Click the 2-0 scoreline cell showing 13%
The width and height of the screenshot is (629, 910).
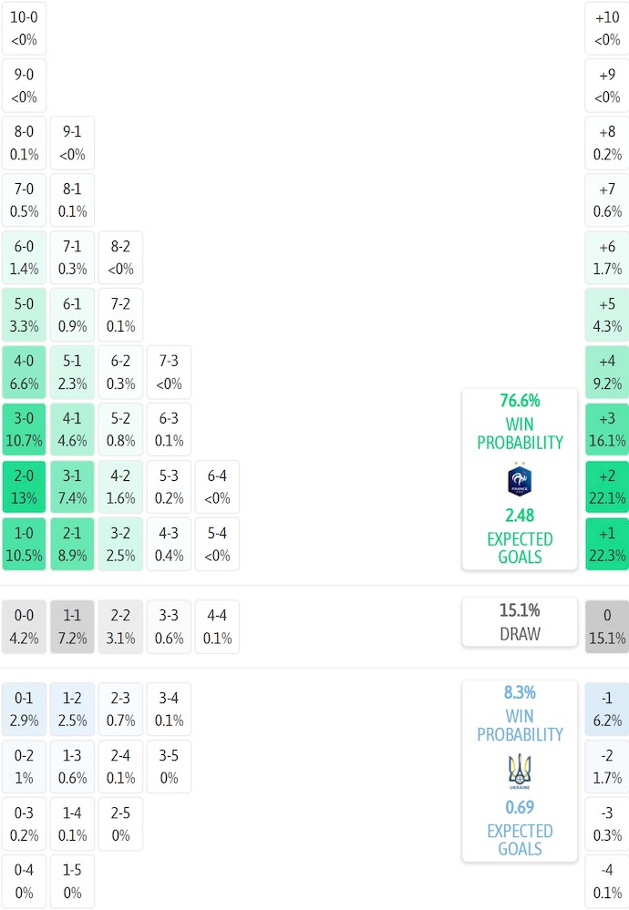25,487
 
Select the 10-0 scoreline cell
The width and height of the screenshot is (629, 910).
25,28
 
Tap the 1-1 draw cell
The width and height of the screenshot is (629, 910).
72,627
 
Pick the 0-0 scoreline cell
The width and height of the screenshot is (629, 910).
25,627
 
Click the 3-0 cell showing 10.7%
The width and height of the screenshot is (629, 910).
25,430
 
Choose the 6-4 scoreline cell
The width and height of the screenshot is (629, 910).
217,487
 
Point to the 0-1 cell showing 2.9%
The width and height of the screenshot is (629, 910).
25,709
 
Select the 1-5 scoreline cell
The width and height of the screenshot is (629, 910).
72,881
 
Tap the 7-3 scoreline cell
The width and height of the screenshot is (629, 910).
169,373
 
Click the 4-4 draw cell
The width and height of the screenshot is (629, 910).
217,627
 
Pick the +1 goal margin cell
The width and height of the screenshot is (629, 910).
607,545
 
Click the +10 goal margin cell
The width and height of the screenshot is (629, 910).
607,28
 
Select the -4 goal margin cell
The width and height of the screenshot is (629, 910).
607,881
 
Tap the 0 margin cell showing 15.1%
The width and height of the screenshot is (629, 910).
607,627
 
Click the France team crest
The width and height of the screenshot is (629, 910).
520,480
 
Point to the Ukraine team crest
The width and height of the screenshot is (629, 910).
520,772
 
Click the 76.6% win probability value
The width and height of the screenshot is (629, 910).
520,401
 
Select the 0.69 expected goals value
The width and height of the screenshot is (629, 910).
520,807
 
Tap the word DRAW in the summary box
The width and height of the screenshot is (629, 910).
520,634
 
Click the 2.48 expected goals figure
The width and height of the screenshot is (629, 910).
520,516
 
